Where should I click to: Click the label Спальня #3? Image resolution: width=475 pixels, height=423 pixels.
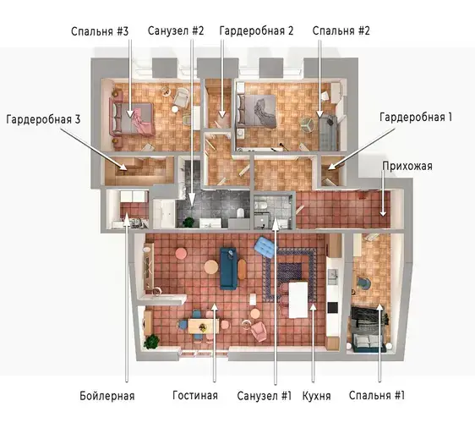pos(100,31)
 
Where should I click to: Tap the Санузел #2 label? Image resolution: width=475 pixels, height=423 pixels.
pos(176,31)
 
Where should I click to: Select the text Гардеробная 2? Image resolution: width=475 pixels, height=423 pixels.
pos(256,31)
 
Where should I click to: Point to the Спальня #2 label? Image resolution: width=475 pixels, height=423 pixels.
pos(341,31)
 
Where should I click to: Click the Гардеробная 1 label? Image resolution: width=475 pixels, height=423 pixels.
pos(416,117)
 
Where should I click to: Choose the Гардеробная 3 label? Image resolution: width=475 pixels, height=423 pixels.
pos(43,119)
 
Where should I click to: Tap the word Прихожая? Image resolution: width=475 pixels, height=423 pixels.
pos(407,166)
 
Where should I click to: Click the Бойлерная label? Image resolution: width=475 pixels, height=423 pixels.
pos(107,396)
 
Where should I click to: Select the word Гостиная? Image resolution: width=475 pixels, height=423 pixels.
pos(195,395)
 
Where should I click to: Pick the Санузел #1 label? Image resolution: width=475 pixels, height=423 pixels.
pos(265,396)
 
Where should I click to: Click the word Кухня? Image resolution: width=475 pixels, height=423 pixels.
pos(317,396)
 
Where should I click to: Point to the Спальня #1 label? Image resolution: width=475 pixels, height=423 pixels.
pos(377,395)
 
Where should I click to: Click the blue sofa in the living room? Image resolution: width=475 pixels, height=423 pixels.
pos(229,268)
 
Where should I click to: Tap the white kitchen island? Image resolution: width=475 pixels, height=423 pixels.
pos(298,299)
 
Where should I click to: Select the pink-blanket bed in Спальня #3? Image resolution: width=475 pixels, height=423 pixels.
pos(133,118)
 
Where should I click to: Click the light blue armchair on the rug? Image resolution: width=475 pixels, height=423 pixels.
pos(265,247)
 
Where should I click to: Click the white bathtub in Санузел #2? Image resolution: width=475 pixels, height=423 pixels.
pos(164,213)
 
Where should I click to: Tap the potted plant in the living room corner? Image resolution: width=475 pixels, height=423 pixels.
pos(151,342)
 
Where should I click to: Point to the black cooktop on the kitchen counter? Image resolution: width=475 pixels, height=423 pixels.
pos(332,307)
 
